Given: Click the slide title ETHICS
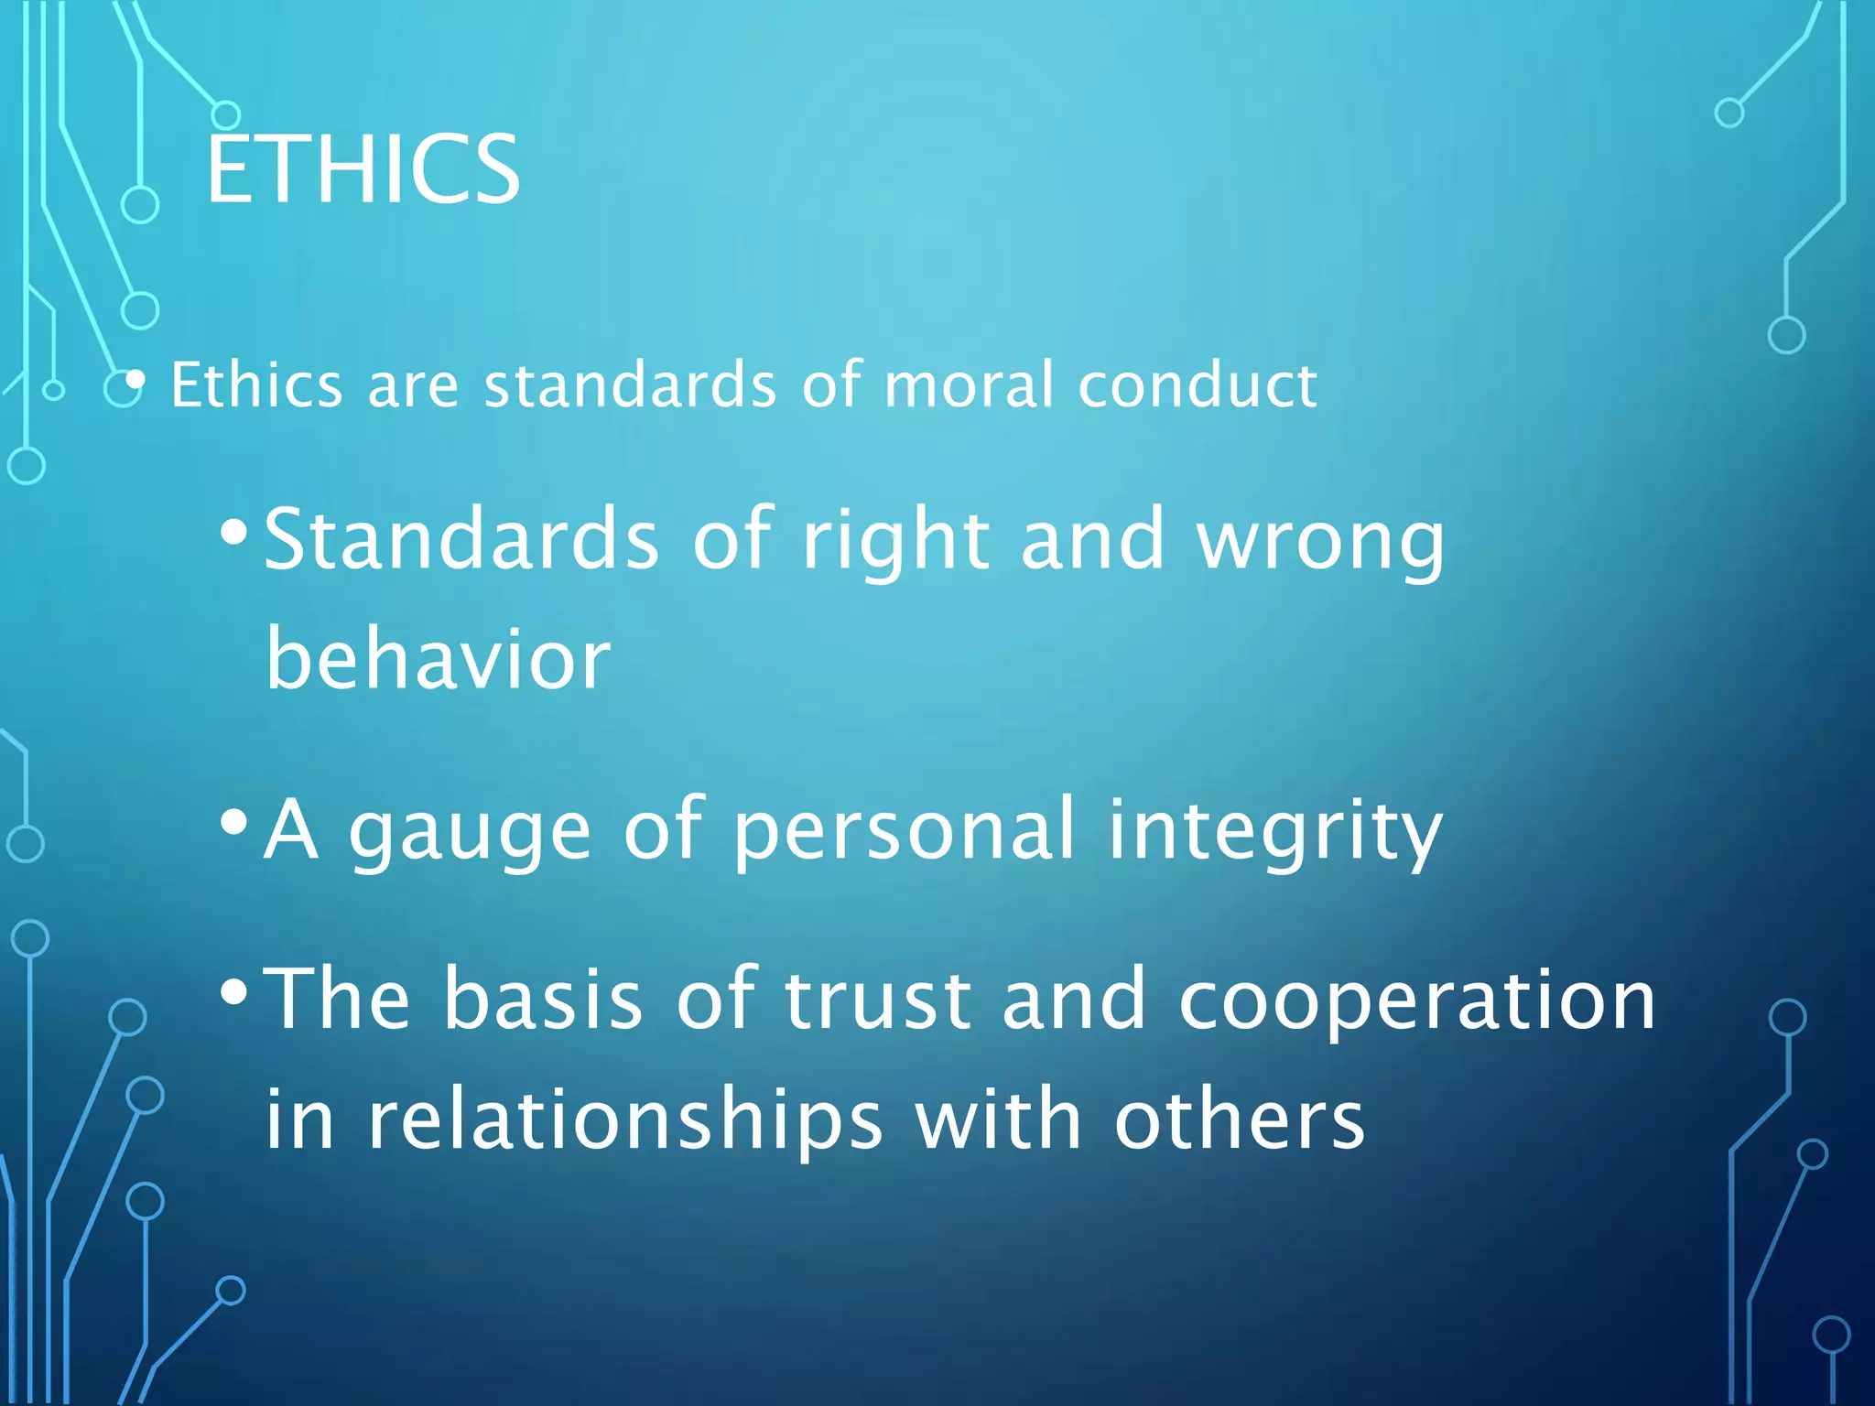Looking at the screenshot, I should [363, 169].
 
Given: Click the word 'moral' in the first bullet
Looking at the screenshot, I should [969, 384].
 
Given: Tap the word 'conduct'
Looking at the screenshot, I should [1198, 384].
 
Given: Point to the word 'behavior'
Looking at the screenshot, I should [438, 659].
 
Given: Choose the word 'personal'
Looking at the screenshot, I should [904, 828].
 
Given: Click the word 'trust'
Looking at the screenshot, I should [877, 1000].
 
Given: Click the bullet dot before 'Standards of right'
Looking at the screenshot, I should [234, 532].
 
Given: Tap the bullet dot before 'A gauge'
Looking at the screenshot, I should [234, 822].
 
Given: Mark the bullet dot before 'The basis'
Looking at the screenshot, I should [234, 991].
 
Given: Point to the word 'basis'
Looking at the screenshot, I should [543, 1000].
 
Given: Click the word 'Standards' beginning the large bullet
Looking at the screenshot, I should [461, 540].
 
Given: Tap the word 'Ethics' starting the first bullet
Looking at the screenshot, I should [256, 384].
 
